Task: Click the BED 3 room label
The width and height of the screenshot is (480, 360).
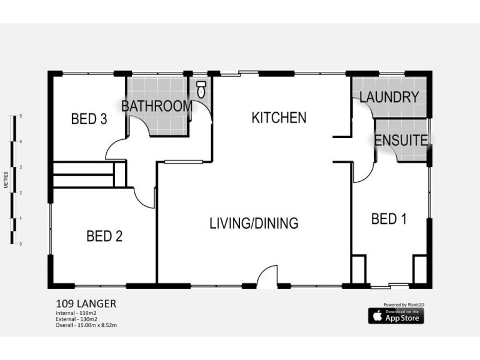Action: click(x=89, y=119)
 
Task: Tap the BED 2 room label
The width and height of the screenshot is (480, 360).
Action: click(x=104, y=236)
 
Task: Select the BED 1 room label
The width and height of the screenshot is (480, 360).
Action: click(x=389, y=219)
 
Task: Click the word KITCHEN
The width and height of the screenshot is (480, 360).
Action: click(x=278, y=118)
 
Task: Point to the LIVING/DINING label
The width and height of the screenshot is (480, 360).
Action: click(x=254, y=224)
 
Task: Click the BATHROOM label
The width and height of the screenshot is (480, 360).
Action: click(x=157, y=106)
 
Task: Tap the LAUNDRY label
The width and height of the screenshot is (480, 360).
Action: click(x=389, y=97)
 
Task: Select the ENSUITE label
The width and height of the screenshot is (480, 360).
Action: click(x=401, y=141)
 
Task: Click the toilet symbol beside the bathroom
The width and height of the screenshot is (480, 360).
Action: click(x=201, y=90)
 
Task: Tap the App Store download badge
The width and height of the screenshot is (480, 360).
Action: click(x=395, y=316)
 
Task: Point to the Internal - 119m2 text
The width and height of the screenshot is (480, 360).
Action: click(x=76, y=314)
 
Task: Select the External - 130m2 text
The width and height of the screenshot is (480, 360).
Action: click(x=77, y=320)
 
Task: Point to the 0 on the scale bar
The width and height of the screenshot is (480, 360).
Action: click(x=21, y=244)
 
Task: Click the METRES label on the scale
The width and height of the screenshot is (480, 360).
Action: click(x=5, y=180)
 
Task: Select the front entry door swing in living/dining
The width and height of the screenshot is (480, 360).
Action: click(x=267, y=277)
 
